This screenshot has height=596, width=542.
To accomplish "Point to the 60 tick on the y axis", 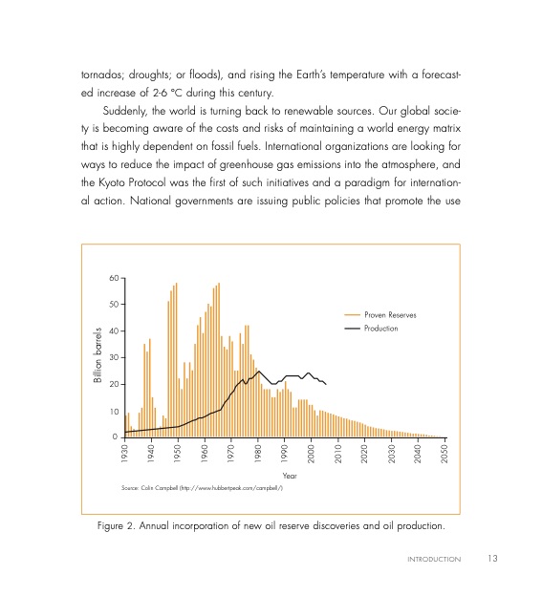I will point(113,278).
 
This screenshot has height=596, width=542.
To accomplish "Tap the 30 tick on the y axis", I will point(113,357).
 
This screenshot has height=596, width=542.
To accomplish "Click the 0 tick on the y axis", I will point(116,436).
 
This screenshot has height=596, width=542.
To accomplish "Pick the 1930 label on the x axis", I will point(125,453).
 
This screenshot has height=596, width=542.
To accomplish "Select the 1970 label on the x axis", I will point(231,453).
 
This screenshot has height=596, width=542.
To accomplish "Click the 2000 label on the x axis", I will point(312,453).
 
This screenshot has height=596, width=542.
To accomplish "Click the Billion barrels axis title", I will point(97,356).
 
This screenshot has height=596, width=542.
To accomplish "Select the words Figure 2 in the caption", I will point(119,525).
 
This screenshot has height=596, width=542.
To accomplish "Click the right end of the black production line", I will point(327,384).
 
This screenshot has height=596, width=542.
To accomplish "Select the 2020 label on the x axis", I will point(365,453).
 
